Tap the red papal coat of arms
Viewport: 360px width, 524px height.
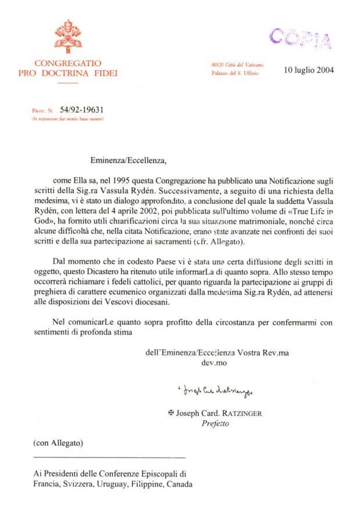(68, 36)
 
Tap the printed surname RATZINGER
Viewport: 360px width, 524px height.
(242, 414)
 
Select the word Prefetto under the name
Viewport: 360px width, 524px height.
(215, 423)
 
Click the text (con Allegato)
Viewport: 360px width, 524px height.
(58, 443)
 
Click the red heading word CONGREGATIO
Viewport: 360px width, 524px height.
(68, 63)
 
